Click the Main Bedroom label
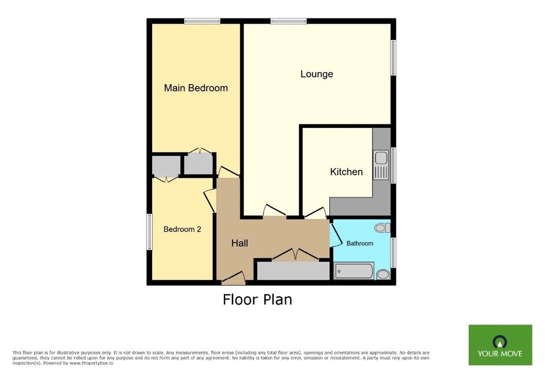click(196, 88)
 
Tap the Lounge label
click(316, 74)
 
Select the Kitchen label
click(346, 172)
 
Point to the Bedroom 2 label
click(182, 229)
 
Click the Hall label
click(240, 243)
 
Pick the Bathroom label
click(360, 244)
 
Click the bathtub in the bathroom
click(354, 271)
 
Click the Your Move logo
click(500, 345)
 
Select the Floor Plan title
click(257, 299)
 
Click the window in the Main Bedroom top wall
click(202, 21)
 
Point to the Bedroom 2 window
click(149, 232)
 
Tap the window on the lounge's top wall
click(289, 21)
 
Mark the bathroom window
click(393, 252)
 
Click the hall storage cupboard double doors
click(295, 254)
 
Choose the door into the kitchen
click(315, 213)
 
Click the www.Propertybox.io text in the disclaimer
click(91, 363)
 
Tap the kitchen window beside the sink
click(393, 165)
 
